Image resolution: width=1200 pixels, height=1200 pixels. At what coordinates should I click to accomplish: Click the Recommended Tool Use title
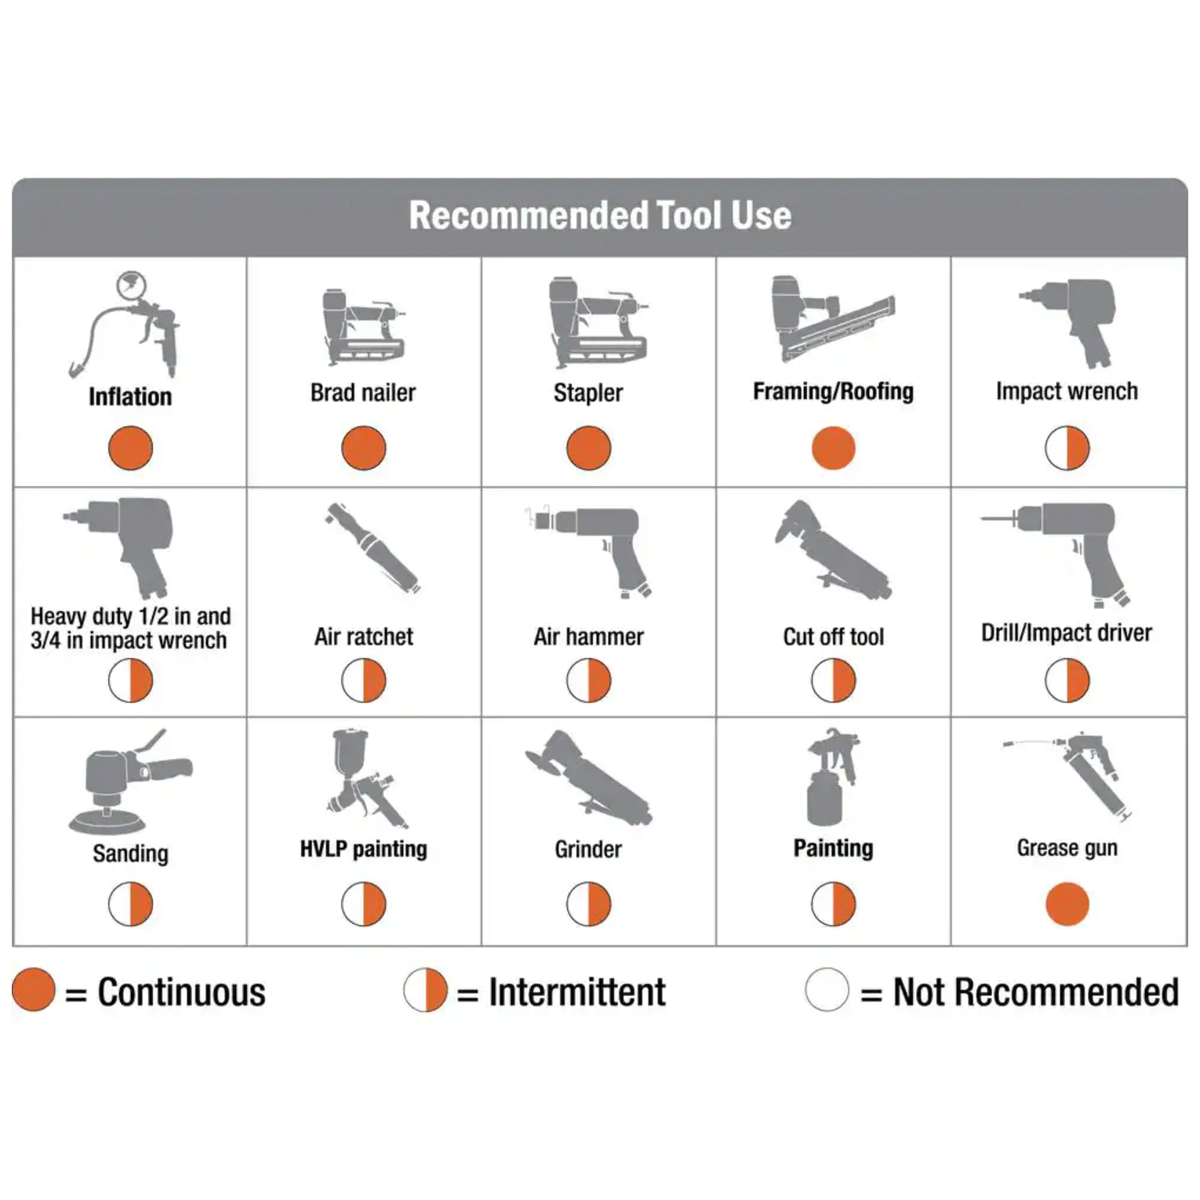(600, 216)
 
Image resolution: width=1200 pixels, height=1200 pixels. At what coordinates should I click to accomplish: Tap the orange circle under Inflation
(130, 448)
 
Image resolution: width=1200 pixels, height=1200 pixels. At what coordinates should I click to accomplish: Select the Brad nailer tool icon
(364, 326)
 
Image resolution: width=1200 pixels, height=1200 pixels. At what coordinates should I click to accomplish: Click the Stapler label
(588, 392)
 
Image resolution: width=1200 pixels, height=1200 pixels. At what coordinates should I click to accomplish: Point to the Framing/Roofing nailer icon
(833, 318)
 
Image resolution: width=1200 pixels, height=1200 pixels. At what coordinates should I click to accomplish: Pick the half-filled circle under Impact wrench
(1067, 448)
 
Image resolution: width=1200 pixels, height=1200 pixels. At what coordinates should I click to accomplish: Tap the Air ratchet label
(364, 636)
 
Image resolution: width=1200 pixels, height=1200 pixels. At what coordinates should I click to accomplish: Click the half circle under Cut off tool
(834, 680)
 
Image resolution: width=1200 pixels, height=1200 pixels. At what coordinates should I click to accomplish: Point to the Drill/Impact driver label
(1067, 632)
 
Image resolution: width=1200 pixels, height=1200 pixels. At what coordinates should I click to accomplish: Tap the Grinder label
(588, 849)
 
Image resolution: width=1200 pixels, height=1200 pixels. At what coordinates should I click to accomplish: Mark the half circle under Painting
(834, 904)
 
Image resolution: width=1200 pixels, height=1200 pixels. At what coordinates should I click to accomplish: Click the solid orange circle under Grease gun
(1067, 904)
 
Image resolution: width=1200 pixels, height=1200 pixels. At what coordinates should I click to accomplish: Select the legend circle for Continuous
(34, 990)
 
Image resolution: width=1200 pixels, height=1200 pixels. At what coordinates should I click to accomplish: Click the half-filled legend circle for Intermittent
(425, 990)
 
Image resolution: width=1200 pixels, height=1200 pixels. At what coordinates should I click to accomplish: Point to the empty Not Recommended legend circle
(827, 990)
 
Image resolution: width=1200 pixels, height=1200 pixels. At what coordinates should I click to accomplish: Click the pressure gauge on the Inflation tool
(131, 285)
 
